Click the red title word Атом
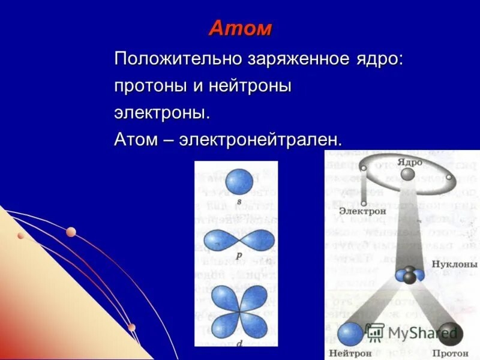tap(240, 28)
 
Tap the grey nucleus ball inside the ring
tap(407, 174)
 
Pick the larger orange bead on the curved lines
tap(71, 232)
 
